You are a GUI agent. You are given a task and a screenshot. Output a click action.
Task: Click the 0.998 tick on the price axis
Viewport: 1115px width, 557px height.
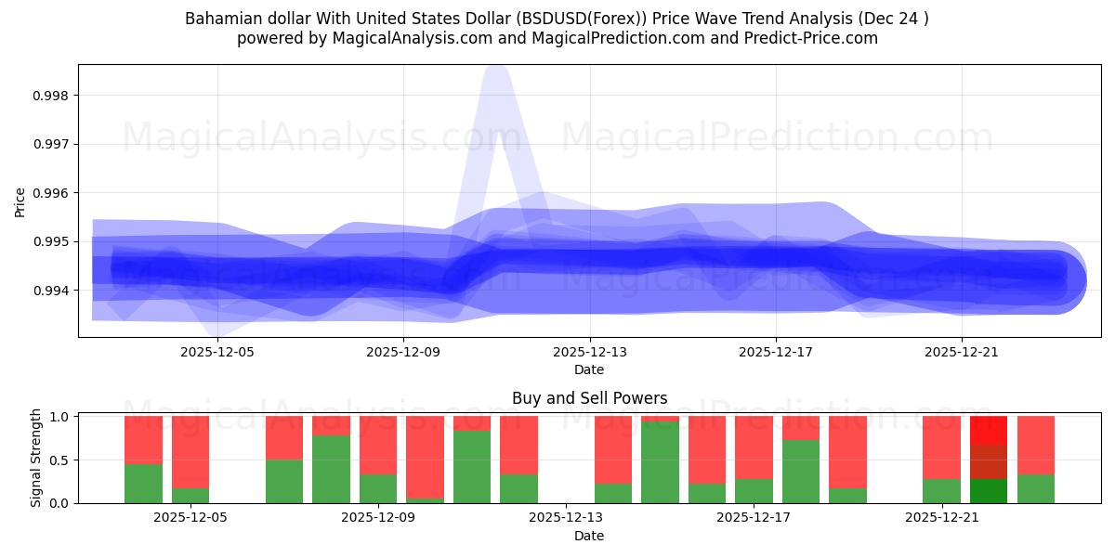(51, 96)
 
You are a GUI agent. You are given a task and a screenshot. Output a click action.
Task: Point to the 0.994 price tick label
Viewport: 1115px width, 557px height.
(51, 291)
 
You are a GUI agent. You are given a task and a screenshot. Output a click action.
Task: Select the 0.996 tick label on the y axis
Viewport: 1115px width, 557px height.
(51, 193)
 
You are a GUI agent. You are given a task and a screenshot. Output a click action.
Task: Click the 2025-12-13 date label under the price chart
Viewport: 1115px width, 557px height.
(590, 353)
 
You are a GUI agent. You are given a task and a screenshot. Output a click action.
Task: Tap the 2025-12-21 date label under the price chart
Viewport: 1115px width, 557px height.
(962, 353)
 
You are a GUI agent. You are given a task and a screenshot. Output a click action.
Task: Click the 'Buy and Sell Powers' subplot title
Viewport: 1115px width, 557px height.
(589, 398)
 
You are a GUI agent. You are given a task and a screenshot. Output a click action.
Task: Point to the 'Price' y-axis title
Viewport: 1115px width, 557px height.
(20, 201)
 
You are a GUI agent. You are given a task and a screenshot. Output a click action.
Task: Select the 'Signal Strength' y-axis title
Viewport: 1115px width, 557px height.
(36, 458)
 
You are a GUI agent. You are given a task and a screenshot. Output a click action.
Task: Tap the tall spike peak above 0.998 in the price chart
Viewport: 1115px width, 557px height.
(496, 70)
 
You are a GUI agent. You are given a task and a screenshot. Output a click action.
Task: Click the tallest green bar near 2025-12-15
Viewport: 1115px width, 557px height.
(660, 462)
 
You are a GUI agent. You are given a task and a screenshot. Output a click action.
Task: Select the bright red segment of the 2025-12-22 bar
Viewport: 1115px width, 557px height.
(988, 430)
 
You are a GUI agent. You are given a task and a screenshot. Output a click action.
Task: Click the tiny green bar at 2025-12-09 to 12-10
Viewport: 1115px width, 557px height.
(425, 500)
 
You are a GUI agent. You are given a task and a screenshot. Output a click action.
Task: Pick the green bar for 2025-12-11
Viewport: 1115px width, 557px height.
(472, 467)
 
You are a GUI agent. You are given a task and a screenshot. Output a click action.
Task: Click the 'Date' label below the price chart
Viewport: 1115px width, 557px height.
(589, 369)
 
